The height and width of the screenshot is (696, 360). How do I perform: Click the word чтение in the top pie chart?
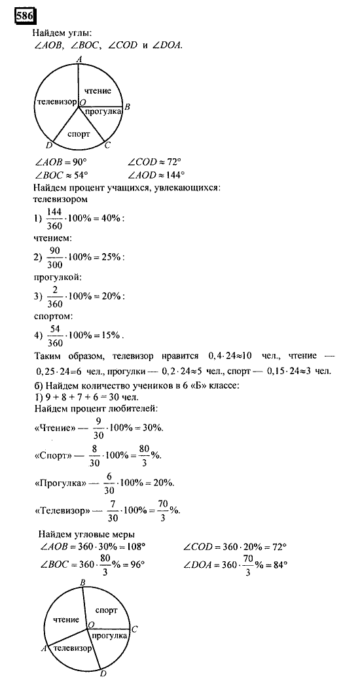(98, 91)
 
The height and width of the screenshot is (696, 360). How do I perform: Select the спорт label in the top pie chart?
(79, 133)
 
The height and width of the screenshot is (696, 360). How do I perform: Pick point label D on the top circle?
(49, 146)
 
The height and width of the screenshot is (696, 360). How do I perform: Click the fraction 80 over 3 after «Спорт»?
(149, 455)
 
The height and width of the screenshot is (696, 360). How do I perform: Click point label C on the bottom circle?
(134, 629)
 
